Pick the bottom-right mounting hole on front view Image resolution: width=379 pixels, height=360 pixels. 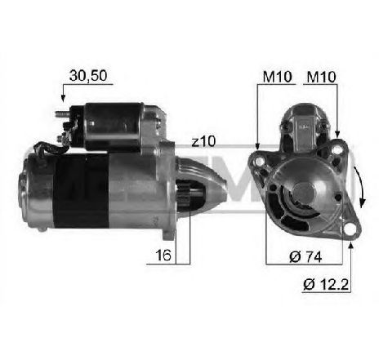coord(345,218)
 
